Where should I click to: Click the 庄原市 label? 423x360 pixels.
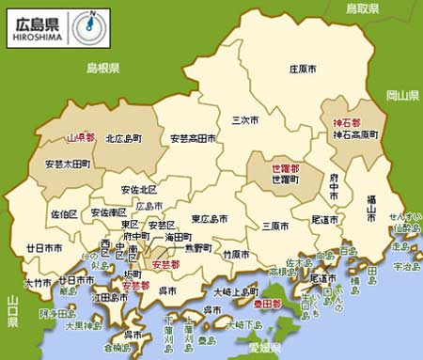[x=305, y=69]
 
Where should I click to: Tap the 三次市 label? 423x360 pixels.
[x=246, y=119]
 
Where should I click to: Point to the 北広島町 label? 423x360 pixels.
[x=124, y=138]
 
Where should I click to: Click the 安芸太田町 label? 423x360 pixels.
[x=68, y=164]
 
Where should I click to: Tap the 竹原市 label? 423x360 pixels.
[x=236, y=254]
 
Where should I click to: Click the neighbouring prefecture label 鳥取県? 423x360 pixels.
[x=362, y=8]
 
